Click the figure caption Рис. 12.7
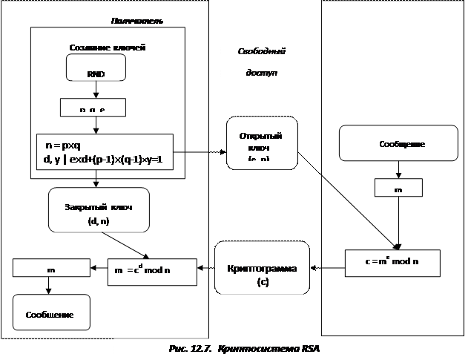(188, 348)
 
